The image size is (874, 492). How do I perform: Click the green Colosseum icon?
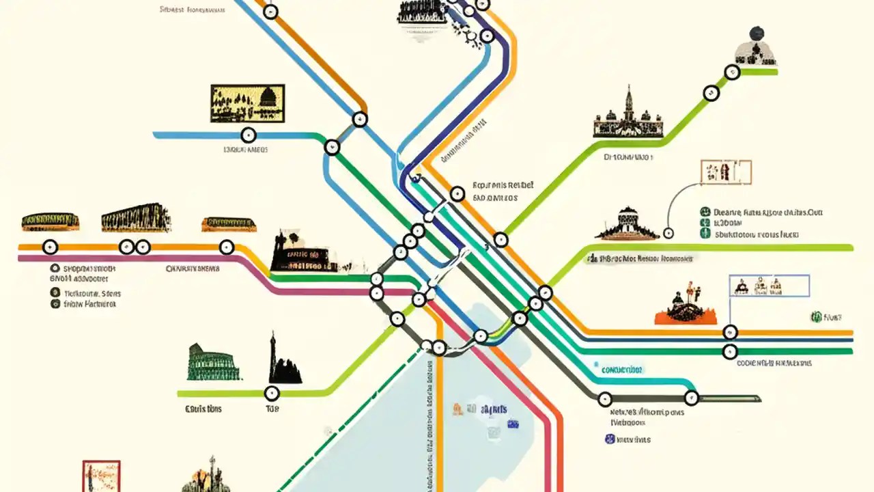(x=214, y=363)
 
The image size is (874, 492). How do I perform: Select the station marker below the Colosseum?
(x=272, y=393)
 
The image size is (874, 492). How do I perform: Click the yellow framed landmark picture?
(x=247, y=103)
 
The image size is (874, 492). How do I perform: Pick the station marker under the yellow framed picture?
(x=249, y=135)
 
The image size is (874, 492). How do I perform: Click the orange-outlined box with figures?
(x=725, y=172)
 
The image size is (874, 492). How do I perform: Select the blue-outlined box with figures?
(x=769, y=285)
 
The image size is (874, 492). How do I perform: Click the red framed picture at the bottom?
(x=101, y=476)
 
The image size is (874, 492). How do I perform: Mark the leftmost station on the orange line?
(x=50, y=247)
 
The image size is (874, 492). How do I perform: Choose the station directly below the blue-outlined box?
(x=730, y=332)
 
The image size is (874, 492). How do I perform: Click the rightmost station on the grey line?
(x=691, y=397)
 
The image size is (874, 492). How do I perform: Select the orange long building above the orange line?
(x=228, y=224)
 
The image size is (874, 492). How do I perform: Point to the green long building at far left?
(x=51, y=221)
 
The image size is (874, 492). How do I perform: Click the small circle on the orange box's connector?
(x=668, y=233)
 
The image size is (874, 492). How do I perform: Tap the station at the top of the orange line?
(x=271, y=11)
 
